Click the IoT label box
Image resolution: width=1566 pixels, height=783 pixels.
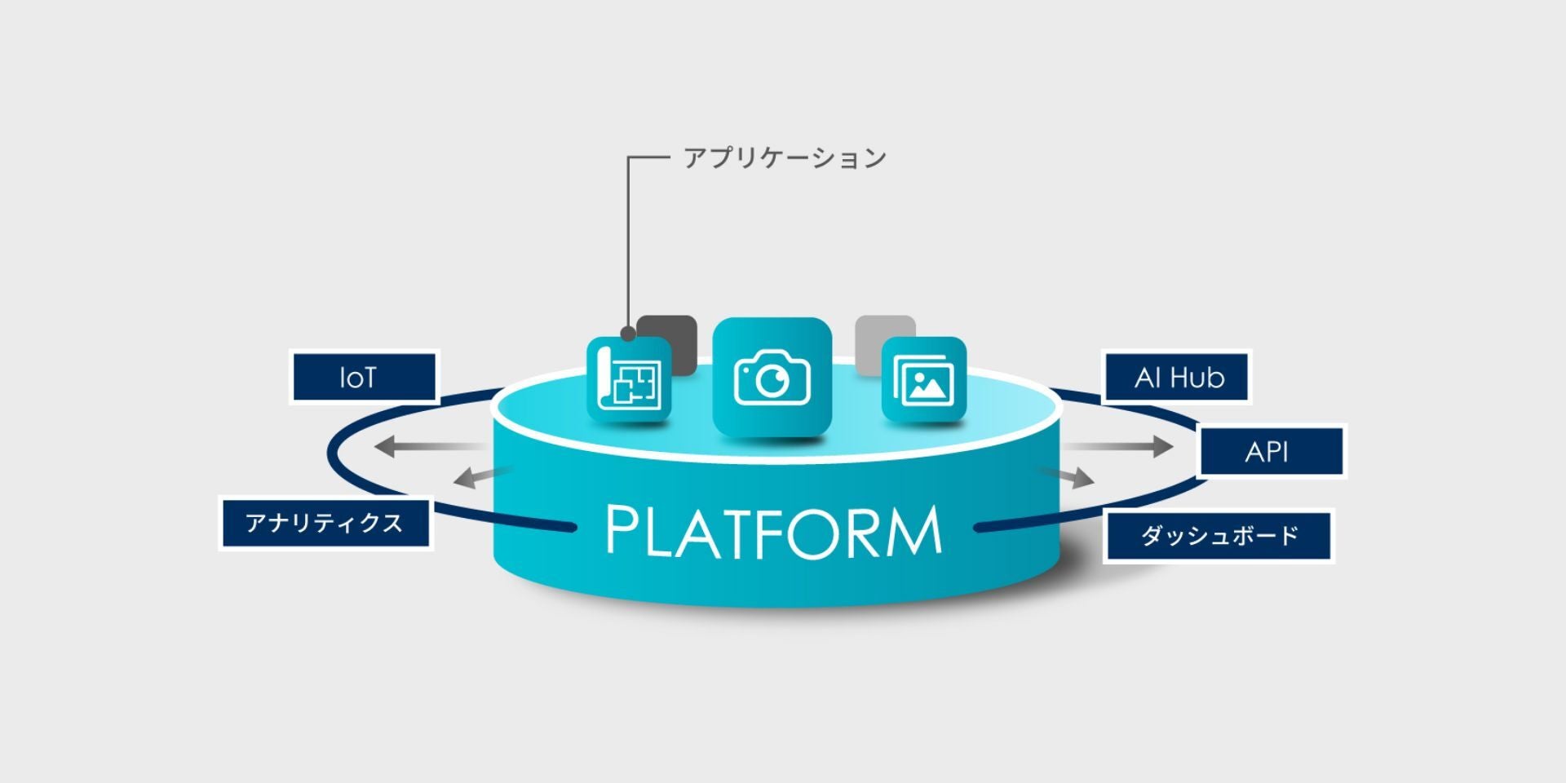[364, 377]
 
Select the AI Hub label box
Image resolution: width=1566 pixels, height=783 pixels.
[1177, 378]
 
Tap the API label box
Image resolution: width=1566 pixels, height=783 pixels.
[1271, 451]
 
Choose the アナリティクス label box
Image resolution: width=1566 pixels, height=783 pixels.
[325, 523]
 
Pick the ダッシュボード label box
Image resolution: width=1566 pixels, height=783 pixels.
[1219, 536]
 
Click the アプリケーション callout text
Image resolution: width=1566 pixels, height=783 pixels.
[785, 157]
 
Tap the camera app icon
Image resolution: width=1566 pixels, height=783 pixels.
[772, 377]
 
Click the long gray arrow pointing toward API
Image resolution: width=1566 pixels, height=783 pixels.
[1117, 447]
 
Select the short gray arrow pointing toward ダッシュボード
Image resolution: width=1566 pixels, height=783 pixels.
[1067, 476]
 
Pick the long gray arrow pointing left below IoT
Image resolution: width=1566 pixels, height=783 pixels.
[428, 447]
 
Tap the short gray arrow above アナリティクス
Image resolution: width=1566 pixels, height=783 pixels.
[481, 476]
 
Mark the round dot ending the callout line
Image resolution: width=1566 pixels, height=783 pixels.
[627, 334]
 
